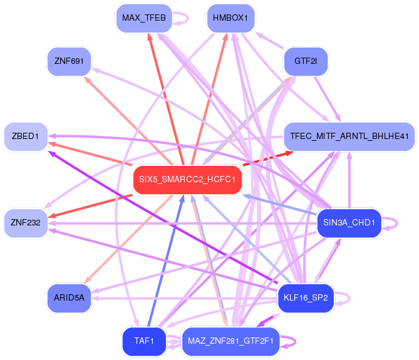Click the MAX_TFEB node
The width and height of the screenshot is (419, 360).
click(143, 18)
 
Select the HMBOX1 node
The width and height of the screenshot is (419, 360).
click(231, 18)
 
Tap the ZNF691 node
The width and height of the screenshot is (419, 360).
click(69, 61)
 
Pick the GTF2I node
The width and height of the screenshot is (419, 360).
click(306, 61)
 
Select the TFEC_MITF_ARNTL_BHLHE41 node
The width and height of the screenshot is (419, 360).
click(349, 136)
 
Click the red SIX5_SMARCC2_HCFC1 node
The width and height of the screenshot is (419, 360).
click(187, 180)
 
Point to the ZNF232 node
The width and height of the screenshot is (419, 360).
click(26, 223)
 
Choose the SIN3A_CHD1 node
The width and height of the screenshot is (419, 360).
click(349, 223)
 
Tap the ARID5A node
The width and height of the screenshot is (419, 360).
click(69, 298)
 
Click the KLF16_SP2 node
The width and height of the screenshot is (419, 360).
click(306, 298)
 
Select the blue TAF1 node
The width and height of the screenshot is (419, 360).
click(143, 341)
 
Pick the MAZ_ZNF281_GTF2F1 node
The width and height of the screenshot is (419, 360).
click(231, 341)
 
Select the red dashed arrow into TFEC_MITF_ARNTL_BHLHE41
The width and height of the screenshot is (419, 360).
click(266, 159)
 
